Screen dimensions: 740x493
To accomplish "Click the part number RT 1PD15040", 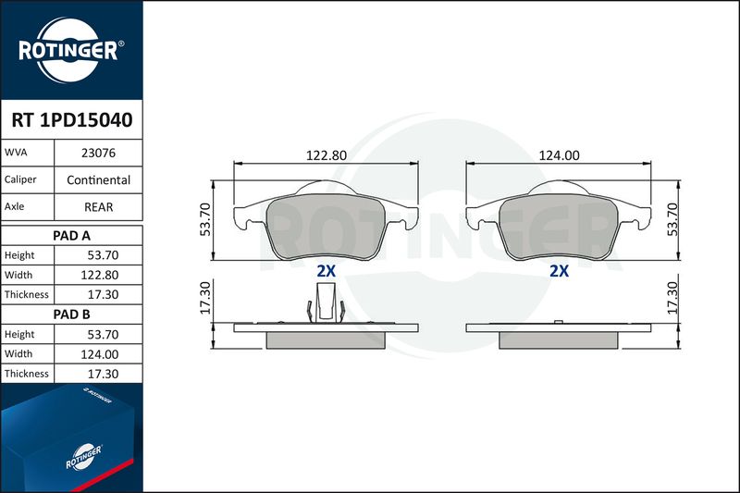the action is click(72, 120).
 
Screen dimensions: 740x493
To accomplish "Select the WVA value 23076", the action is click(98, 153).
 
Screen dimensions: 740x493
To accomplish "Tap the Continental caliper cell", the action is click(98, 179).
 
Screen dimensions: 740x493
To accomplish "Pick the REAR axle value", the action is click(98, 207).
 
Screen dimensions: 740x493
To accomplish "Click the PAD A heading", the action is click(72, 236).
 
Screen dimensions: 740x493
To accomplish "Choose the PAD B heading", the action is click(72, 314).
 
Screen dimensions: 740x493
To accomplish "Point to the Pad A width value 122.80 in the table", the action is click(100, 275).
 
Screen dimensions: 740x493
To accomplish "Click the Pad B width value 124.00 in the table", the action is click(100, 354).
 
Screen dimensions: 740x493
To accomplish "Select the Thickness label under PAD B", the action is click(27, 374).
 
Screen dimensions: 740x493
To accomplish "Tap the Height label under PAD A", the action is click(19, 255).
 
